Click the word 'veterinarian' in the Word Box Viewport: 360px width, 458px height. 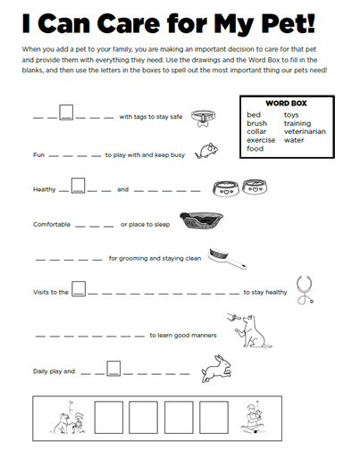(305, 131)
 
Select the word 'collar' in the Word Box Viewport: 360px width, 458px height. (256, 131)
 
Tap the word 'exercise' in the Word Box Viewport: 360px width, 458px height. (261, 140)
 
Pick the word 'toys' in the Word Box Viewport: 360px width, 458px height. (291, 115)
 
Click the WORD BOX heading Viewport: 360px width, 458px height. (286, 104)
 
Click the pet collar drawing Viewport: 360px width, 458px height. (203, 118)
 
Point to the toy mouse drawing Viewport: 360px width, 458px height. (206, 151)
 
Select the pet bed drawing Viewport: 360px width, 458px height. (201, 221)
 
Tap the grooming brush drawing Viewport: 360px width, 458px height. (227, 258)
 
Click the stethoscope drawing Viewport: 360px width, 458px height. (305, 290)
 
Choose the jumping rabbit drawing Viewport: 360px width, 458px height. (216, 369)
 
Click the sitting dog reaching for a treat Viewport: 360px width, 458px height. (253, 331)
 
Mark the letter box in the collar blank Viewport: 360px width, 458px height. (66, 112)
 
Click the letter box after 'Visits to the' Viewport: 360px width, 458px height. (79, 288)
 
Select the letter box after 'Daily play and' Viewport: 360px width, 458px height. (113, 369)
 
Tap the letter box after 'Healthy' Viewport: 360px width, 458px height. (78, 186)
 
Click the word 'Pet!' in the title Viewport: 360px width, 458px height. (288, 23)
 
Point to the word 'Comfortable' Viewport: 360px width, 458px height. (52, 224)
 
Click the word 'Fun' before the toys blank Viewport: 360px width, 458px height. (38, 155)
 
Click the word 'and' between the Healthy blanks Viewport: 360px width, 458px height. (123, 189)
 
